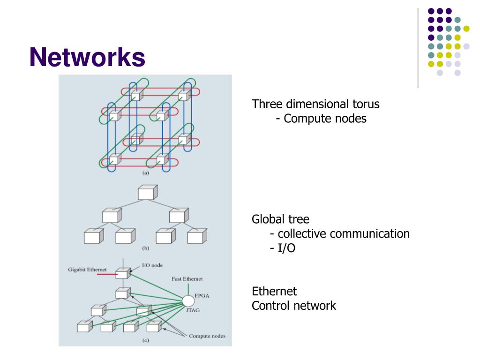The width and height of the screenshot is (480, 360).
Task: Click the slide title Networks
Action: (87, 57)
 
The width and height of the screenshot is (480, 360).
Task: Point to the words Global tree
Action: (280, 219)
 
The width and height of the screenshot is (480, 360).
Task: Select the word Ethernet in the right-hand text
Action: (274, 291)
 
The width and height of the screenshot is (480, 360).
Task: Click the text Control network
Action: (294, 306)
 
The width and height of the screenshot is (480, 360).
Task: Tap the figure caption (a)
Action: (146, 172)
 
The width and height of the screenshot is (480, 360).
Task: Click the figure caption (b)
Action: (146, 248)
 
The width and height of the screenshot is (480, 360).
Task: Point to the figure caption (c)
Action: (146, 340)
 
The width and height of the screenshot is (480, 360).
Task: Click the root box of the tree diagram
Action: (148, 193)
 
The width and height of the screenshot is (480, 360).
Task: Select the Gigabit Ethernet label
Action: (87, 270)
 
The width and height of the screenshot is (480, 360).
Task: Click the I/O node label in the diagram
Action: (152, 265)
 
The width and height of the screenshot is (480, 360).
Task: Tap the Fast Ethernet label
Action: (187, 279)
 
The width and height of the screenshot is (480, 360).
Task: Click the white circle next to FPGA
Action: (188, 301)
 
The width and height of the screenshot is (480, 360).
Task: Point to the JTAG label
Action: (193, 310)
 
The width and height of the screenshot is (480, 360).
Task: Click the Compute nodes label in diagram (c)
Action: (207, 336)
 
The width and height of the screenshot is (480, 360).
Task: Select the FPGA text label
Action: (202, 296)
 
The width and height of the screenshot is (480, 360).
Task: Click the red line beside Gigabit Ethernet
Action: (107, 274)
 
